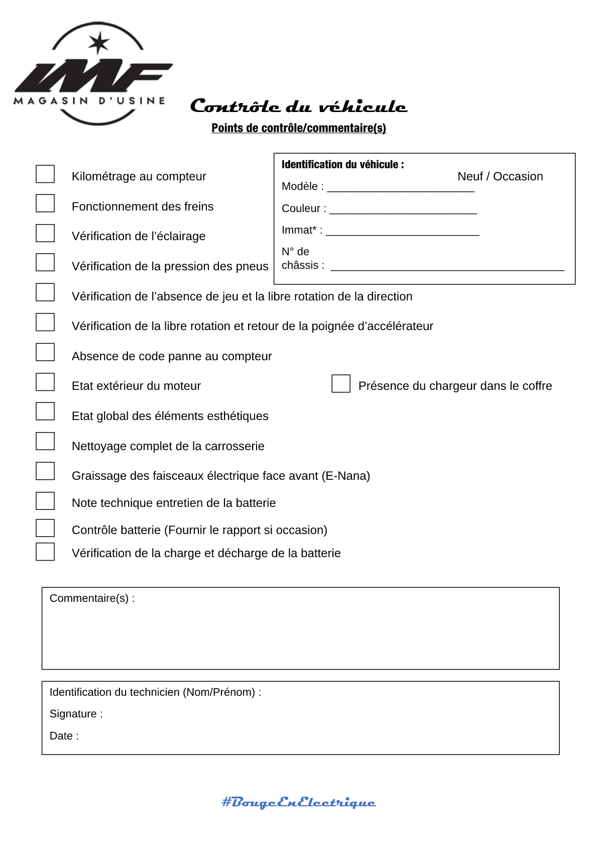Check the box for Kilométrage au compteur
(x=45, y=174)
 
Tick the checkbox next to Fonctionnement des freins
(x=45, y=203)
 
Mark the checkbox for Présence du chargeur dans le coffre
(x=341, y=384)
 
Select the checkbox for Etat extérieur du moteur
(x=45, y=382)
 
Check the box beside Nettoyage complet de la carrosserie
(x=45, y=441)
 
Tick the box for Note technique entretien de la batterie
(x=45, y=501)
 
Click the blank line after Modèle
(x=400, y=188)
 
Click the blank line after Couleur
(x=403, y=210)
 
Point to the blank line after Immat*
(x=402, y=232)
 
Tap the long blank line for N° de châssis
(x=447, y=267)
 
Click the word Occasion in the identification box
(x=518, y=176)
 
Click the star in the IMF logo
(x=99, y=43)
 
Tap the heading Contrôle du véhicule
(x=299, y=107)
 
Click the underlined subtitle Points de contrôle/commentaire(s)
(x=299, y=128)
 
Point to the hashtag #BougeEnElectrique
(x=299, y=802)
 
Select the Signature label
(x=76, y=714)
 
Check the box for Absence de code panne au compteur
(x=45, y=352)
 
